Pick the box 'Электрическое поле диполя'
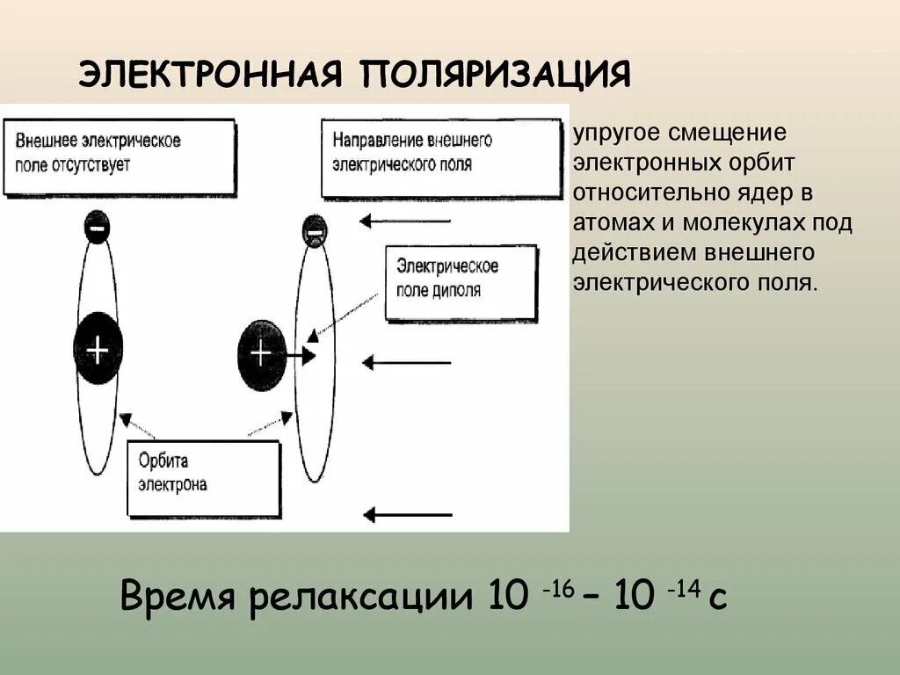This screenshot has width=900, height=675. [x=461, y=281]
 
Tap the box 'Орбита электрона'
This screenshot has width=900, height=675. [x=203, y=477]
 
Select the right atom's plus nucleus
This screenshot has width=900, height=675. [x=261, y=353]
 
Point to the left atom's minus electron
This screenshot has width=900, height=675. [x=97, y=229]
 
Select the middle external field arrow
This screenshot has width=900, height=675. [x=406, y=361]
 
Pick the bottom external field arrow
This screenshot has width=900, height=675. [x=406, y=514]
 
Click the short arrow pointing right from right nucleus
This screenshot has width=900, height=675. [x=302, y=356]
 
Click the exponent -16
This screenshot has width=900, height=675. [x=558, y=588]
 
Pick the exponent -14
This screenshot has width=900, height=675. [x=683, y=588]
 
